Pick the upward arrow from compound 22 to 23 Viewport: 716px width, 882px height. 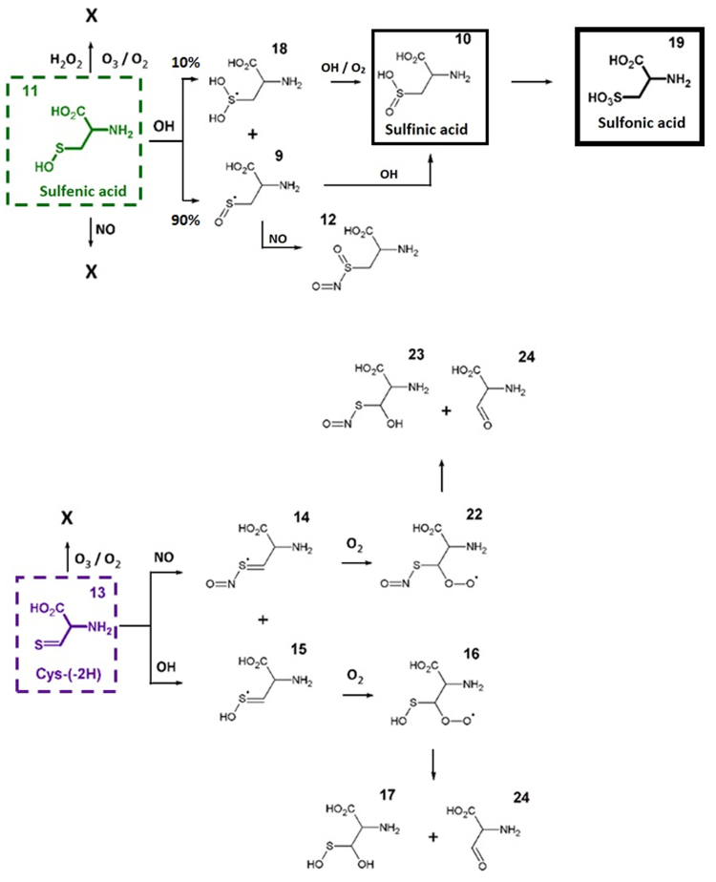442,475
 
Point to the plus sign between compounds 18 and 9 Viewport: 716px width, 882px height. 254,135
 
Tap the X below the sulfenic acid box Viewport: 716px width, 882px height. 92,270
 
